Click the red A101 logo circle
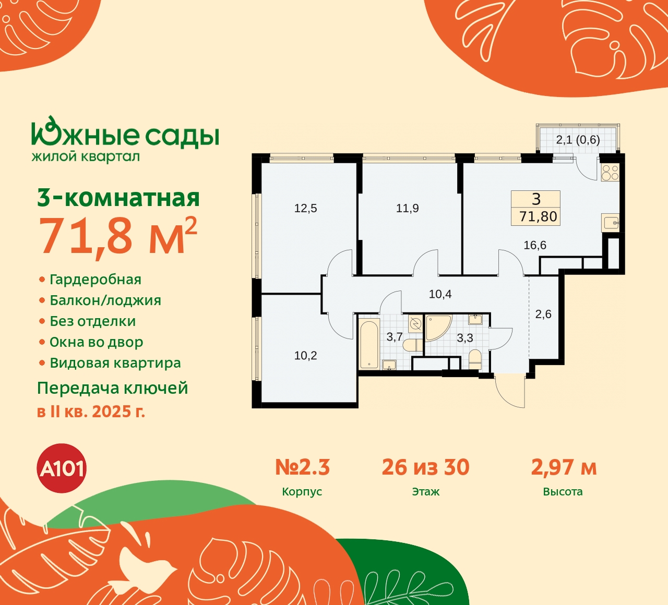[x=62, y=468]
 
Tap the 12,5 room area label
[x=305, y=209]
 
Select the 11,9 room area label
[x=407, y=209]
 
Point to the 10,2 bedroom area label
[x=305, y=356]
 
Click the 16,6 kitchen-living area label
[x=535, y=245]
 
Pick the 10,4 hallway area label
[x=440, y=294]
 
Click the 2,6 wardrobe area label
[x=543, y=314]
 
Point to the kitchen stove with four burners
[x=610, y=172]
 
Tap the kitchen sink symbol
[x=610, y=223]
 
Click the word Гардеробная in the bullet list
[x=96, y=280]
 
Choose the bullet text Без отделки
[x=93, y=321]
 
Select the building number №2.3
[x=302, y=467]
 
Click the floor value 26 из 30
[x=425, y=467]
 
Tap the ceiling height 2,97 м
[x=564, y=467]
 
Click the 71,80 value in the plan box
[x=538, y=216]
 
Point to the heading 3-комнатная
[x=118, y=198]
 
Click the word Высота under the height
[x=563, y=492]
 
